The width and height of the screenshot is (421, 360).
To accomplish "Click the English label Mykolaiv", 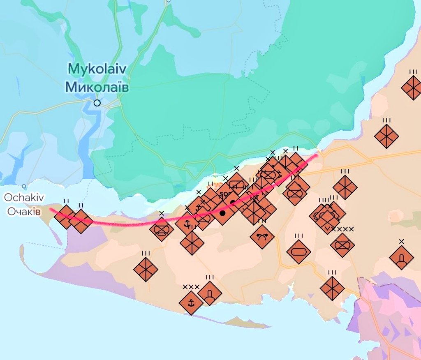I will click(97, 69).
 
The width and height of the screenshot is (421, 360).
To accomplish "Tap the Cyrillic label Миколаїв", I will click(97, 87).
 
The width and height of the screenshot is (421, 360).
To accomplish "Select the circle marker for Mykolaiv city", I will click(97, 103).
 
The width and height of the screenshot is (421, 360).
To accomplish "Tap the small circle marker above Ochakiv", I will click(24, 186).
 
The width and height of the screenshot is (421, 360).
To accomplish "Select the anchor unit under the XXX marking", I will click(191, 303).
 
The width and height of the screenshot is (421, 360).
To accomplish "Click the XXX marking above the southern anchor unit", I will click(191, 287).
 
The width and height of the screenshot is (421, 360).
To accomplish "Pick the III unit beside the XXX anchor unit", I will click(210, 293).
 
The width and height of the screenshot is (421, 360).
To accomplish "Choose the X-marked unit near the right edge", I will click(401, 258).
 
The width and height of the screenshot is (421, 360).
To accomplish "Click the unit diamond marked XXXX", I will click(342, 245).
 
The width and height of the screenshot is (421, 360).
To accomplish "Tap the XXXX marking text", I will click(343, 229).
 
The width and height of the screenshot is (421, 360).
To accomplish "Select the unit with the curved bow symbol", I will click(262, 236).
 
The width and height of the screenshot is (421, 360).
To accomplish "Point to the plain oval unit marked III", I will click(298, 252).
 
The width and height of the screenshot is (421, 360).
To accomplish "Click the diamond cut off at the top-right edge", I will click(413, 88).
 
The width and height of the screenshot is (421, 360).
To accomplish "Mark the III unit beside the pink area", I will click(332, 288).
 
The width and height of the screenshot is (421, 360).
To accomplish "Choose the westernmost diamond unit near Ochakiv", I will click(66, 216).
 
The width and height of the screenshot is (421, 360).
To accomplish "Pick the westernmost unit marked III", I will click(146, 269).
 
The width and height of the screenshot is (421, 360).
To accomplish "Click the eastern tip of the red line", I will click(317, 155).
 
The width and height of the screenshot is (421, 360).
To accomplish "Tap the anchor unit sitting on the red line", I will click(187, 224).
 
